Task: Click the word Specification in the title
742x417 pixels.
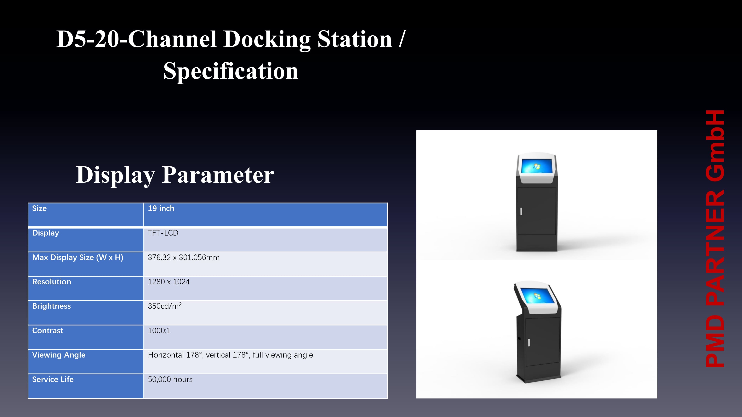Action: coord(231,71)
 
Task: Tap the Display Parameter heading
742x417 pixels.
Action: coord(175,175)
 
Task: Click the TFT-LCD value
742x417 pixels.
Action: coord(163,233)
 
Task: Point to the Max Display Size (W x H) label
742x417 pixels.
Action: coord(78,257)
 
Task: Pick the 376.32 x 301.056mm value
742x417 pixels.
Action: coord(184,257)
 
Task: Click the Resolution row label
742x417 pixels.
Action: coord(52,282)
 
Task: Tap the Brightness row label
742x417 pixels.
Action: coord(52,306)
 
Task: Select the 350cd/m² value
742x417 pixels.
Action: coord(165,306)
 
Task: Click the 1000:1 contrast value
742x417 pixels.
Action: coord(159,331)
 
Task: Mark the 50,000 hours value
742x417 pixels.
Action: coord(170,380)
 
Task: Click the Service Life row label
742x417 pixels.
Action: coord(53,380)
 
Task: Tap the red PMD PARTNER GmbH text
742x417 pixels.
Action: coord(715,239)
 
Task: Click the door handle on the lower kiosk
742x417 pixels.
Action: coord(529,342)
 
